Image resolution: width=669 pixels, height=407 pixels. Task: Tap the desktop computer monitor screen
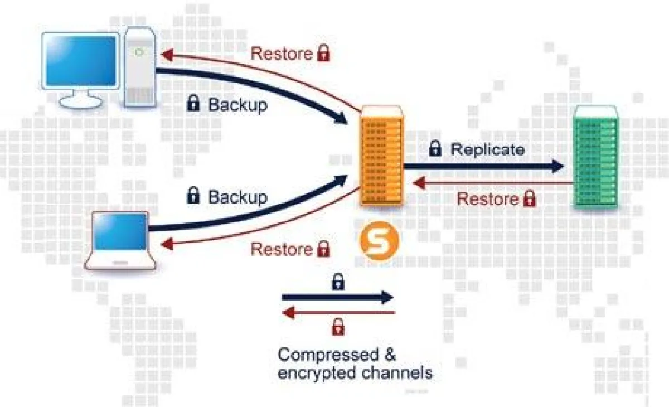(x=80, y=61)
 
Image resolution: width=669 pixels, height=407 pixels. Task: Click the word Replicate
(x=487, y=149)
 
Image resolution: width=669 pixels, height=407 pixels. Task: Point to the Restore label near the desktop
(x=282, y=54)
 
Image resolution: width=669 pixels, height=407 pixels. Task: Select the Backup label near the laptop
(x=237, y=197)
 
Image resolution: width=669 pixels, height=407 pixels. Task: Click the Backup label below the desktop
(x=237, y=105)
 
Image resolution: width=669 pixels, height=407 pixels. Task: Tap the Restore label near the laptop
(x=282, y=249)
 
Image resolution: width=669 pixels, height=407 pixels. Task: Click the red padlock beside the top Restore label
(x=323, y=54)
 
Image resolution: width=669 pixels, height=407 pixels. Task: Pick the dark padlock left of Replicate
(x=435, y=149)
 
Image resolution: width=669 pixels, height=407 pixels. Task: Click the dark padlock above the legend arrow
(x=338, y=282)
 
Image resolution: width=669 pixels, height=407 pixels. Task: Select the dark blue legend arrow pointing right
(x=338, y=297)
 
